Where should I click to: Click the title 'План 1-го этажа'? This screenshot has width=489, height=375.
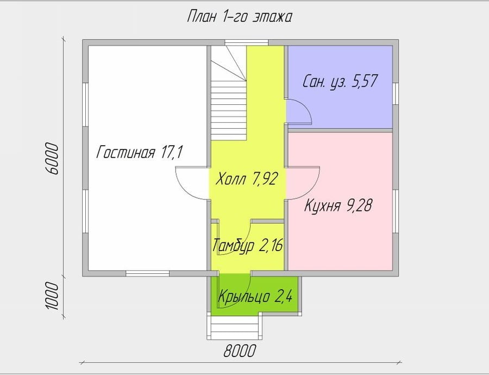[x=239, y=17]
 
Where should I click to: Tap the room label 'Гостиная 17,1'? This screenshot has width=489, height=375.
[x=139, y=153]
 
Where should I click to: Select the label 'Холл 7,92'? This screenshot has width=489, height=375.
[x=246, y=179]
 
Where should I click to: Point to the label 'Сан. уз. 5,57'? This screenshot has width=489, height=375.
[x=340, y=81]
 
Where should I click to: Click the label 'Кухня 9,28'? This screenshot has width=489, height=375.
[x=338, y=205]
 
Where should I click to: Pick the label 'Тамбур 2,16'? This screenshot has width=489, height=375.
[x=248, y=245]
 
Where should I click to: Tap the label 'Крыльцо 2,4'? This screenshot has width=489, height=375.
[x=255, y=296]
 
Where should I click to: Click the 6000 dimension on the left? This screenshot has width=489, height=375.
[x=52, y=159]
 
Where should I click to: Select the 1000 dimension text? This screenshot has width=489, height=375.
[x=52, y=296]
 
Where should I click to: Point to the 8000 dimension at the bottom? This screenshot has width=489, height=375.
[x=240, y=351]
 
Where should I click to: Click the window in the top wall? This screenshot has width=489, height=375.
[x=247, y=42]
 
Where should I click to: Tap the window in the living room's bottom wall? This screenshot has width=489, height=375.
[x=147, y=273]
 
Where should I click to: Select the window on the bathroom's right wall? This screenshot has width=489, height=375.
[x=396, y=93]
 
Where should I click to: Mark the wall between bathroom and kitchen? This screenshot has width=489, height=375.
[x=340, y=130]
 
